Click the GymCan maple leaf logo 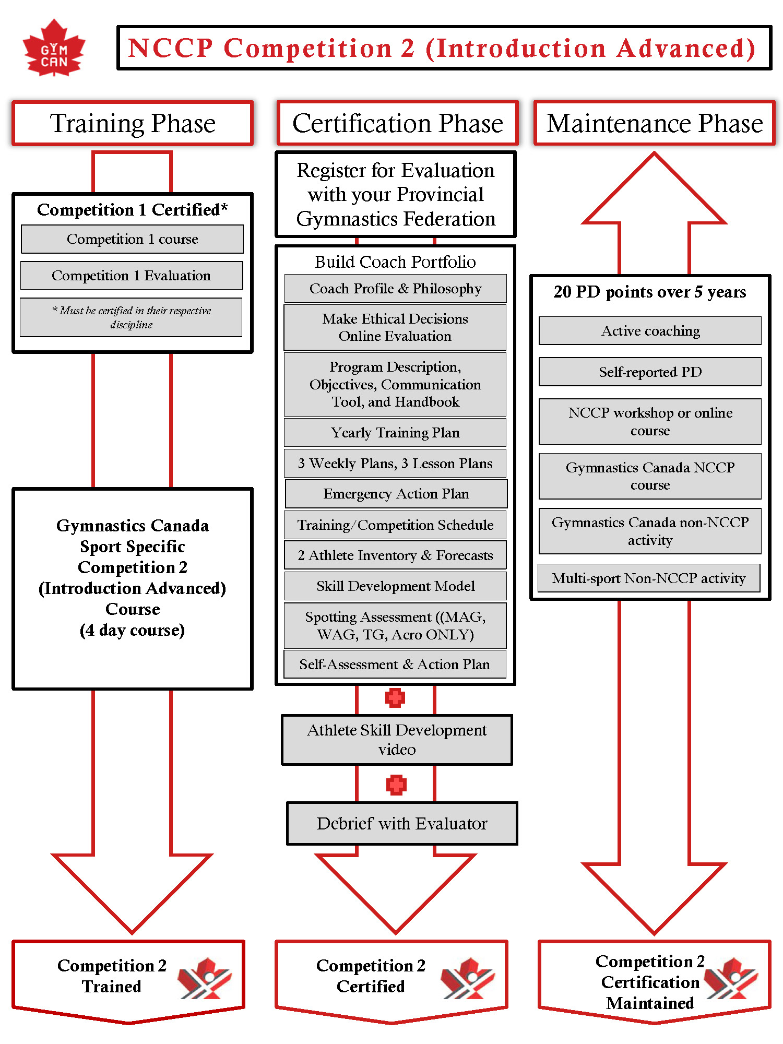(54, 48)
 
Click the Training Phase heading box (133, 123)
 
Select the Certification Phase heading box (397, 123)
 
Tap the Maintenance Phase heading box (654, 123)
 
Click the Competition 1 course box (132, 239)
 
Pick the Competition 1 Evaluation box (132, 276)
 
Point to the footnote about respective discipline (131, 317)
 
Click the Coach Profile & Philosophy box (395, 289)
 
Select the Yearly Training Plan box (395, 433)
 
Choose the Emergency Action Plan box (396, 494)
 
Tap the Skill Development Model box (395, 586)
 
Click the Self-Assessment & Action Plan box (395, 665)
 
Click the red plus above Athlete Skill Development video (395, 698)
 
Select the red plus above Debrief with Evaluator (396, 785)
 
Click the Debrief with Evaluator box (402, 824)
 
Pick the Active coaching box (650, 331)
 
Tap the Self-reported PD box (650, 372)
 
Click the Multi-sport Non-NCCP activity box (649, 578)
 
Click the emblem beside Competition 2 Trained (205, 978)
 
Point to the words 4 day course (132, 630)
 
